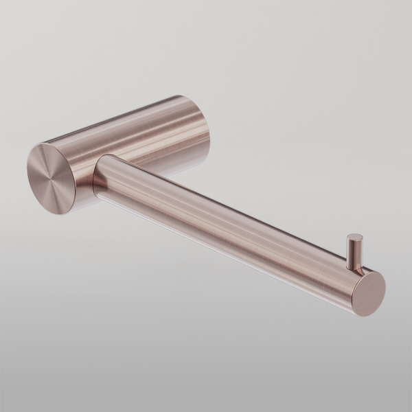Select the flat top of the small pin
pyautogui.click(x=355, y=238)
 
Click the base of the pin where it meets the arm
pyautogui.click(x=352, y=269)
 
